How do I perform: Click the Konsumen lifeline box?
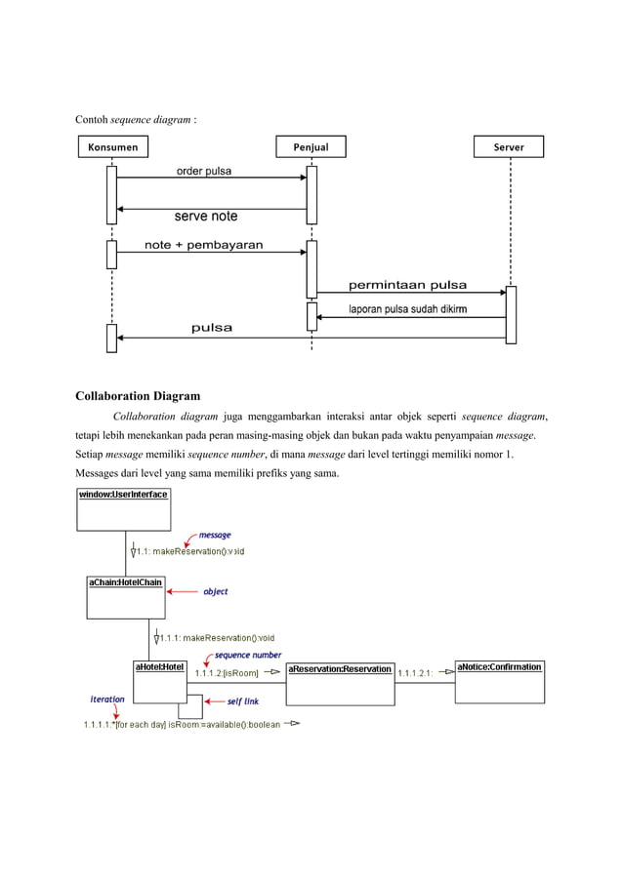112,147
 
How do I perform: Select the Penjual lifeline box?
311,147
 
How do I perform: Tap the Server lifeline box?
509,147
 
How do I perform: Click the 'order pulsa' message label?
203,172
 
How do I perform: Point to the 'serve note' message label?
205,217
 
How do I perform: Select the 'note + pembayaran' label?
203,245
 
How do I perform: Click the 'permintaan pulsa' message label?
407,286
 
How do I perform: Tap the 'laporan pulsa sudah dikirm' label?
407,310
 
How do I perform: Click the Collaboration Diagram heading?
138,396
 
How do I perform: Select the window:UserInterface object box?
123,508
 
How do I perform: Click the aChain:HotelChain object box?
125,597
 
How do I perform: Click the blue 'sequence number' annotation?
248,655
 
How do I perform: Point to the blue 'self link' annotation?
242,700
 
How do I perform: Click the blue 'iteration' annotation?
107,699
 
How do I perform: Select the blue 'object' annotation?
215,591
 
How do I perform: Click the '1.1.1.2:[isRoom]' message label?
228,672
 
